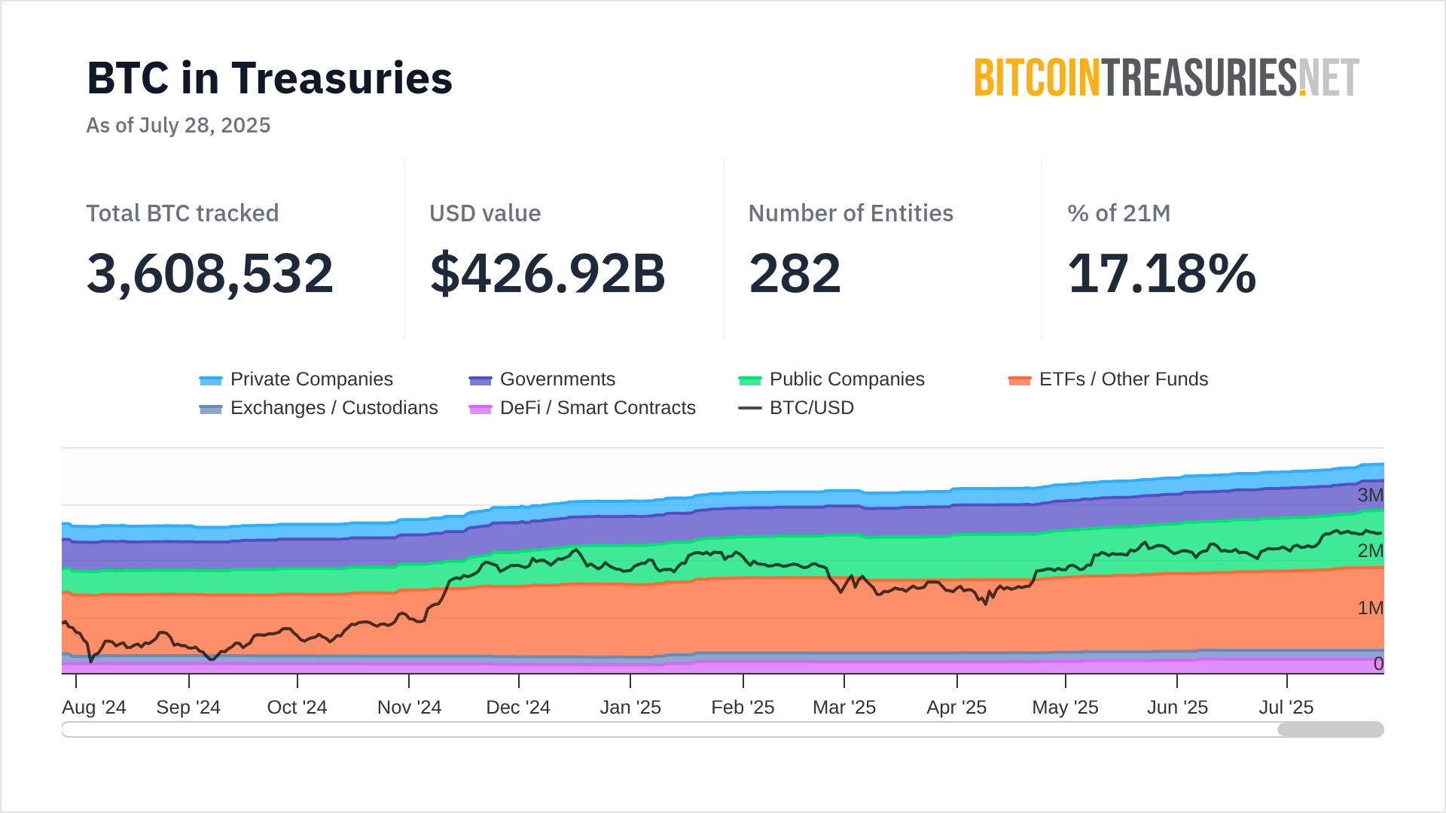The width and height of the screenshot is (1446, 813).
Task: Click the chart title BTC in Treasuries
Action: coord(270,78)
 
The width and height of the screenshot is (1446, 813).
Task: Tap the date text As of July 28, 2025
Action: coord(178,125)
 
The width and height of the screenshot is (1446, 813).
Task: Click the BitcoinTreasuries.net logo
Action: coord(1167,78)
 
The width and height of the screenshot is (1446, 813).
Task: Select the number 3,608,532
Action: coord(210,273)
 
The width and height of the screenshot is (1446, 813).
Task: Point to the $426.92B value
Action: coord(548,273)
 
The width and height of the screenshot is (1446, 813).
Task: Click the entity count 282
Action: coord(795,273)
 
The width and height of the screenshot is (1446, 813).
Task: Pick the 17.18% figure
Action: coord(1162,273)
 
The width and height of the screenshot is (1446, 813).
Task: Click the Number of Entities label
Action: coord(851,213)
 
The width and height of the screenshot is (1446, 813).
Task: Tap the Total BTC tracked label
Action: coord(182,213)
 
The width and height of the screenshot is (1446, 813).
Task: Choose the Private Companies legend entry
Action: coord(296,379)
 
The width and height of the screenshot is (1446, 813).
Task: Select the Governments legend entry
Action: coord(542,379)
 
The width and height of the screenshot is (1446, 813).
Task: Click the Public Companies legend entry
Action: coord(831,379)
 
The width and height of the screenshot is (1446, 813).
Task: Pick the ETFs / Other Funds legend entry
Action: coord(1108,379)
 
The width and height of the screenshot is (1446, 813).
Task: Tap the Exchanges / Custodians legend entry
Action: coord(319,408)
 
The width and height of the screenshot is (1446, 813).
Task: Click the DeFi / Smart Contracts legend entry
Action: coord(582,408)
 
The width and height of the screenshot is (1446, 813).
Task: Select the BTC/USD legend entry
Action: coord(797,408)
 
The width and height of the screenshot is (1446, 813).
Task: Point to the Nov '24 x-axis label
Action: coord(409,708)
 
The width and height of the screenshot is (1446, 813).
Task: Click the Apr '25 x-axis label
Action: coord(956,708)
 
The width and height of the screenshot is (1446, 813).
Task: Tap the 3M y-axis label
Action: coord(1370,495)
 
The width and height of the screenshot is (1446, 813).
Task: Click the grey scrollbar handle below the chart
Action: coord(1330,729)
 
